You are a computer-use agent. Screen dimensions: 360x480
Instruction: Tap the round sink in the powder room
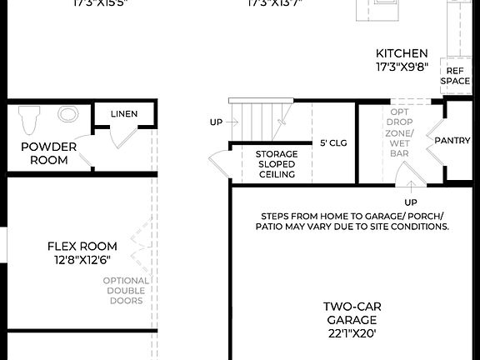click(x=67, y=114)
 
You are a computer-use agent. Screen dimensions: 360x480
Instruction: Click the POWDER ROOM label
click(x=49, y=153)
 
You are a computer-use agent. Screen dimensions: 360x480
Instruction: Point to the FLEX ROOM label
click(x=82, y=247)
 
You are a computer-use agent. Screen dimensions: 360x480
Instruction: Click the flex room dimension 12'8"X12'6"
click(x=82, y=260)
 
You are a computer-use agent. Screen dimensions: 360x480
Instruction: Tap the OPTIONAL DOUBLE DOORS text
click(x=126, y=290)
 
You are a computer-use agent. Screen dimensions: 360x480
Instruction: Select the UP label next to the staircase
click(x=217, y=122)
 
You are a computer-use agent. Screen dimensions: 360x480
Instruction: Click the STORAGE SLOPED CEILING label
click(x=276, y=164)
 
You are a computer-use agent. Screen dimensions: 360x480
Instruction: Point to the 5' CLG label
click(x=333, y=142)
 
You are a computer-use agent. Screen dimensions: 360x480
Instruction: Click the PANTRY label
click(x=452, y=140)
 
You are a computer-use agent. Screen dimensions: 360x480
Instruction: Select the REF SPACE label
click(x=455, y=76)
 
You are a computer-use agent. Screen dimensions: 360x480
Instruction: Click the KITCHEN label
click(x=402, y=53)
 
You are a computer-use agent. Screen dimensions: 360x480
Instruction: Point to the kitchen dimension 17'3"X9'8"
click(x=402, y=67)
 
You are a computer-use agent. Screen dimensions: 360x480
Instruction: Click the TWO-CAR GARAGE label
click(x=351, y=313)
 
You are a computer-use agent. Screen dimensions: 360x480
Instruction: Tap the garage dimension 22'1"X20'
click(x=351, y=333)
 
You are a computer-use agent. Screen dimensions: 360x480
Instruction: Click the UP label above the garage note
click(x=410, y=202)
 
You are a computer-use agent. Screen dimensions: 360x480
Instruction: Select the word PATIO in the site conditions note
click(x=276, y=226)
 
